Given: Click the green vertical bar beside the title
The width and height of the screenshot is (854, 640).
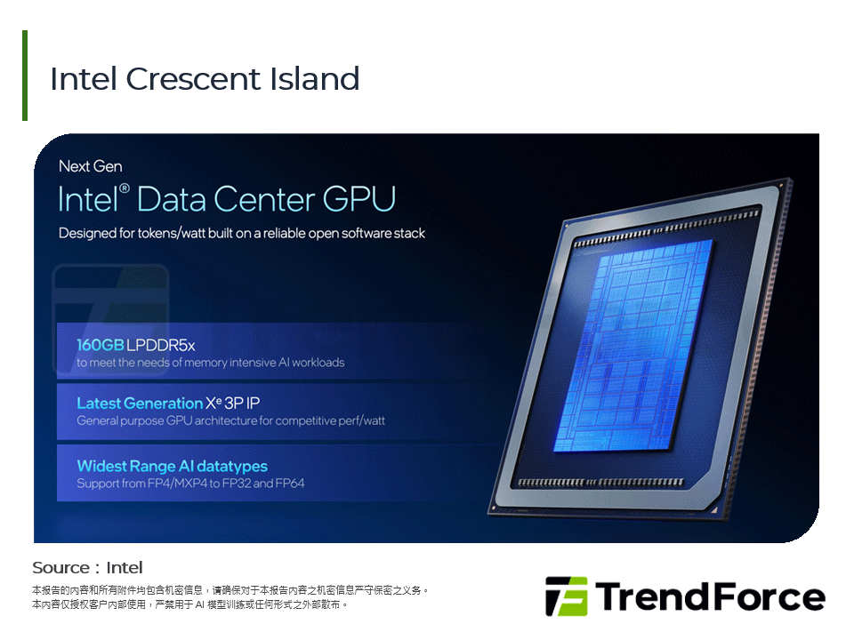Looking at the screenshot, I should click(25, 76).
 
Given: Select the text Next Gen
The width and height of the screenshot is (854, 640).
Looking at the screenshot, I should click(90, 166).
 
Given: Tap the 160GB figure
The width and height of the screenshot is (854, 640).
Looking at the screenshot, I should click(101, 345).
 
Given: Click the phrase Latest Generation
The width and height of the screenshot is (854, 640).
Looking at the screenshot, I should click(140, 404).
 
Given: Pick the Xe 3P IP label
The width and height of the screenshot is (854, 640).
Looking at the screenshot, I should click(233, 404).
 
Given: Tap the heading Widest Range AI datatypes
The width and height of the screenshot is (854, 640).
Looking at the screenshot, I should click(172, 466).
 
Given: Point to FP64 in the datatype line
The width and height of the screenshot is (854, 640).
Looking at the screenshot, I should click(290, 484).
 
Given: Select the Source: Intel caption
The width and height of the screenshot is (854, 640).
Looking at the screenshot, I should click(87, 568).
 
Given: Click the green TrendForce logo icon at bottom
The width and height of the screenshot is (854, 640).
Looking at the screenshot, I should click(566, 596).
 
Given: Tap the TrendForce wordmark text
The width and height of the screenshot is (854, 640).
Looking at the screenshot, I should click(709, 596).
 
